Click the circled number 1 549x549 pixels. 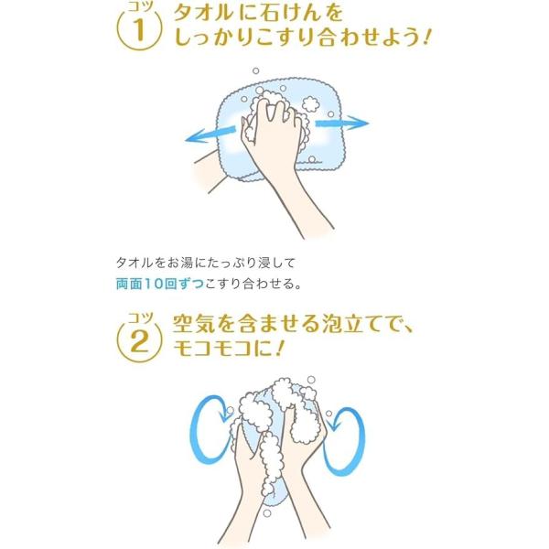139,28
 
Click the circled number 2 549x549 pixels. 139,341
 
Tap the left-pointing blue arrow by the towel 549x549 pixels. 210,135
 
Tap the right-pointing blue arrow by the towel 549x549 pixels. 342,123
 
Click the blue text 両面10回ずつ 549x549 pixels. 159,284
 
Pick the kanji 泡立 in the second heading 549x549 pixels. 343,324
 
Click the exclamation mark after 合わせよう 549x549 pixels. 425,38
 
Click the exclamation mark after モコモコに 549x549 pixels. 279,348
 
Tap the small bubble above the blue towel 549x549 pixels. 255,70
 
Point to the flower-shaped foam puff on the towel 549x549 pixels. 310,103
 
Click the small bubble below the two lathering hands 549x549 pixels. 267,513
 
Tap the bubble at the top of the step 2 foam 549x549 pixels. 311,380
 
